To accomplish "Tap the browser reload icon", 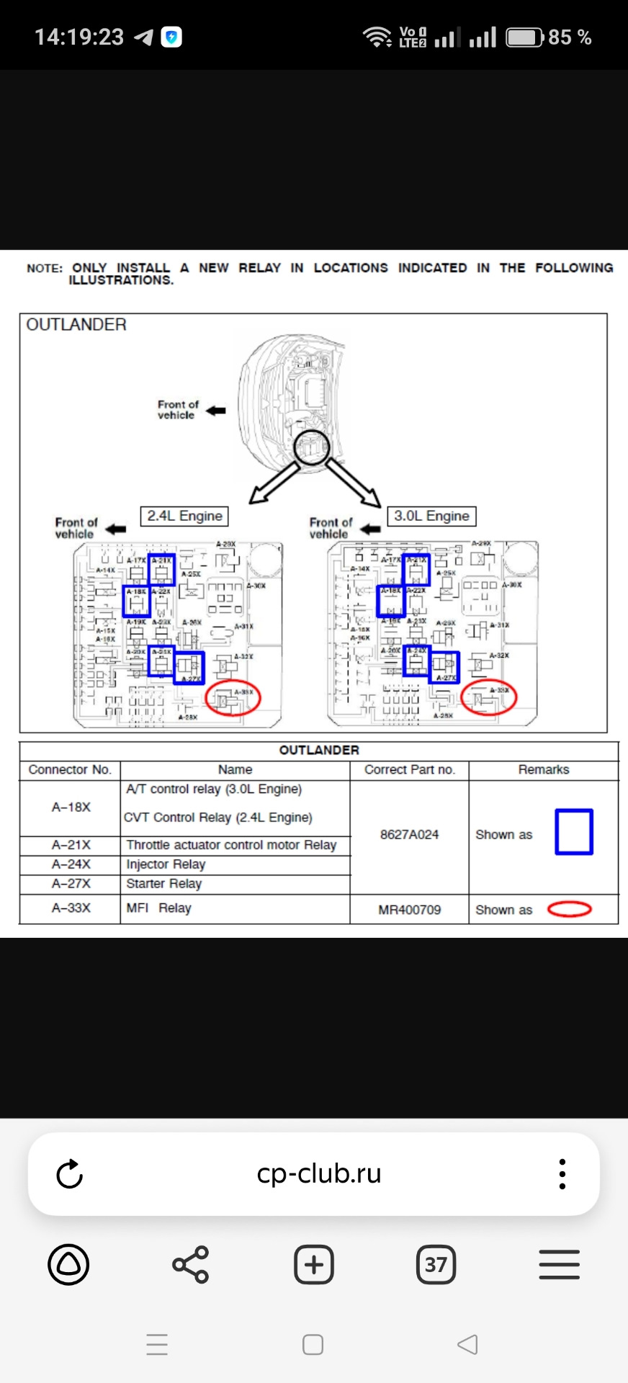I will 70,1174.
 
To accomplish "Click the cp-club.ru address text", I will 319,1174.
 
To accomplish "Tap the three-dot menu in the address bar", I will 562,1174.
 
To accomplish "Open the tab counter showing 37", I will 436,1265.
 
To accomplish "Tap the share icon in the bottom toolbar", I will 190,1265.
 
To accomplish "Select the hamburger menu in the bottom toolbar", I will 559,1265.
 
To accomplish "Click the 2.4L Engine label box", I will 184,516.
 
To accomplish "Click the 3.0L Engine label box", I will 431,516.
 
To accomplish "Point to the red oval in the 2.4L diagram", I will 233,697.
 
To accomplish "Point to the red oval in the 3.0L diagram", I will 488,697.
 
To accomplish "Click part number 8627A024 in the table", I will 409,835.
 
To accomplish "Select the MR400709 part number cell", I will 409,910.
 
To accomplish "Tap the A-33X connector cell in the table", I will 71,908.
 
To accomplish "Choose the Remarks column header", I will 543,770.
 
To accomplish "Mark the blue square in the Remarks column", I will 573,833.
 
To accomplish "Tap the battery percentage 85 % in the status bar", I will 570,37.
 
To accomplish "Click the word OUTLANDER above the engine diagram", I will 76,325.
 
